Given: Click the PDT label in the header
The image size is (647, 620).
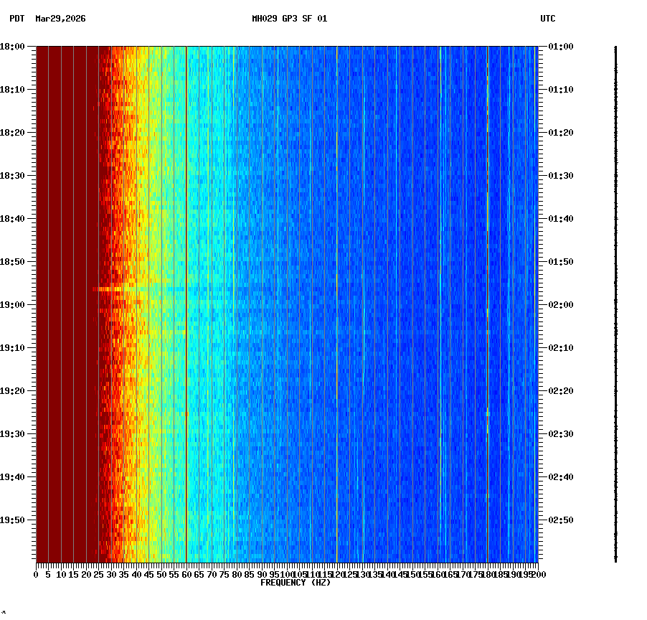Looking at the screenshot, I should (16, 19).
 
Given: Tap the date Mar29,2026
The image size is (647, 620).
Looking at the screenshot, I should (60, 19).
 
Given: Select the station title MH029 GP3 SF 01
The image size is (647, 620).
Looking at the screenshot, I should (289, 19).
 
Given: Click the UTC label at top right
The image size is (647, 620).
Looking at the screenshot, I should (547, 19).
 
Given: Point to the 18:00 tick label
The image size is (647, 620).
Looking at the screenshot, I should (12, 47).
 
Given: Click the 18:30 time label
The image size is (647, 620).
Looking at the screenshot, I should (12, 176).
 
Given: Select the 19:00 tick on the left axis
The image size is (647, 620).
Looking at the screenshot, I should (12, 305).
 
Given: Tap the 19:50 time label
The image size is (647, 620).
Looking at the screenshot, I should (12, 520).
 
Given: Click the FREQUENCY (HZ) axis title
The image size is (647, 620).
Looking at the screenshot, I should (295, 583).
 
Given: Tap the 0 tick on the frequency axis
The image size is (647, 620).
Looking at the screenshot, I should (37, 575).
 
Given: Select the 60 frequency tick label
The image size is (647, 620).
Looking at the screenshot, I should (186, 575).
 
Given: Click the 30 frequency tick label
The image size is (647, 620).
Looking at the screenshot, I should (111, 575).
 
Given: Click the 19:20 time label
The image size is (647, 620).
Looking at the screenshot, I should (12, 391).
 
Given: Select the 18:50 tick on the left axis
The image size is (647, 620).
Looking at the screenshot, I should (12, 262).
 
